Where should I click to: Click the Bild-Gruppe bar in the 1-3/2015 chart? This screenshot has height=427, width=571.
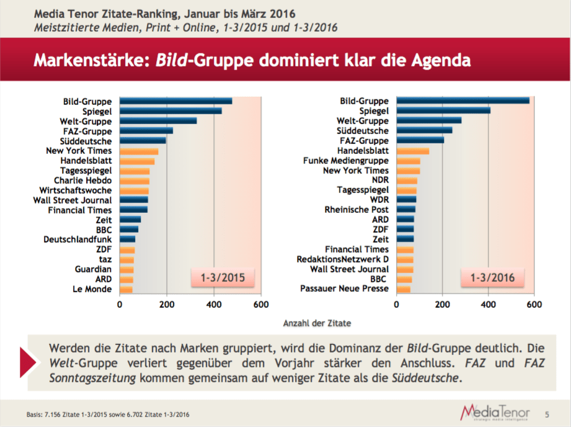pos(176,101)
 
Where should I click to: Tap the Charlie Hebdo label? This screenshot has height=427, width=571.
pos(83,181)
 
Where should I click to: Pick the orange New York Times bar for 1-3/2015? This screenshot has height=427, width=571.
pos(139,151)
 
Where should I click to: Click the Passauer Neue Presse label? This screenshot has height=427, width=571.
pos(345,289)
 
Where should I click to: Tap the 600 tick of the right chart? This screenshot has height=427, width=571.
pos(534,305)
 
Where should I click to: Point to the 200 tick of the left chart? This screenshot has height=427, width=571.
pos(167,305)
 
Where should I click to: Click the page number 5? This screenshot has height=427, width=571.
pos(547,413)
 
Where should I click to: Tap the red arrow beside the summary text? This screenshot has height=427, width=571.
pos(29,363)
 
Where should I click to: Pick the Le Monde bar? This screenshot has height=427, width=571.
pos(126,289)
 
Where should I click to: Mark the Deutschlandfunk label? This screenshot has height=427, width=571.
pos(78,239)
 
